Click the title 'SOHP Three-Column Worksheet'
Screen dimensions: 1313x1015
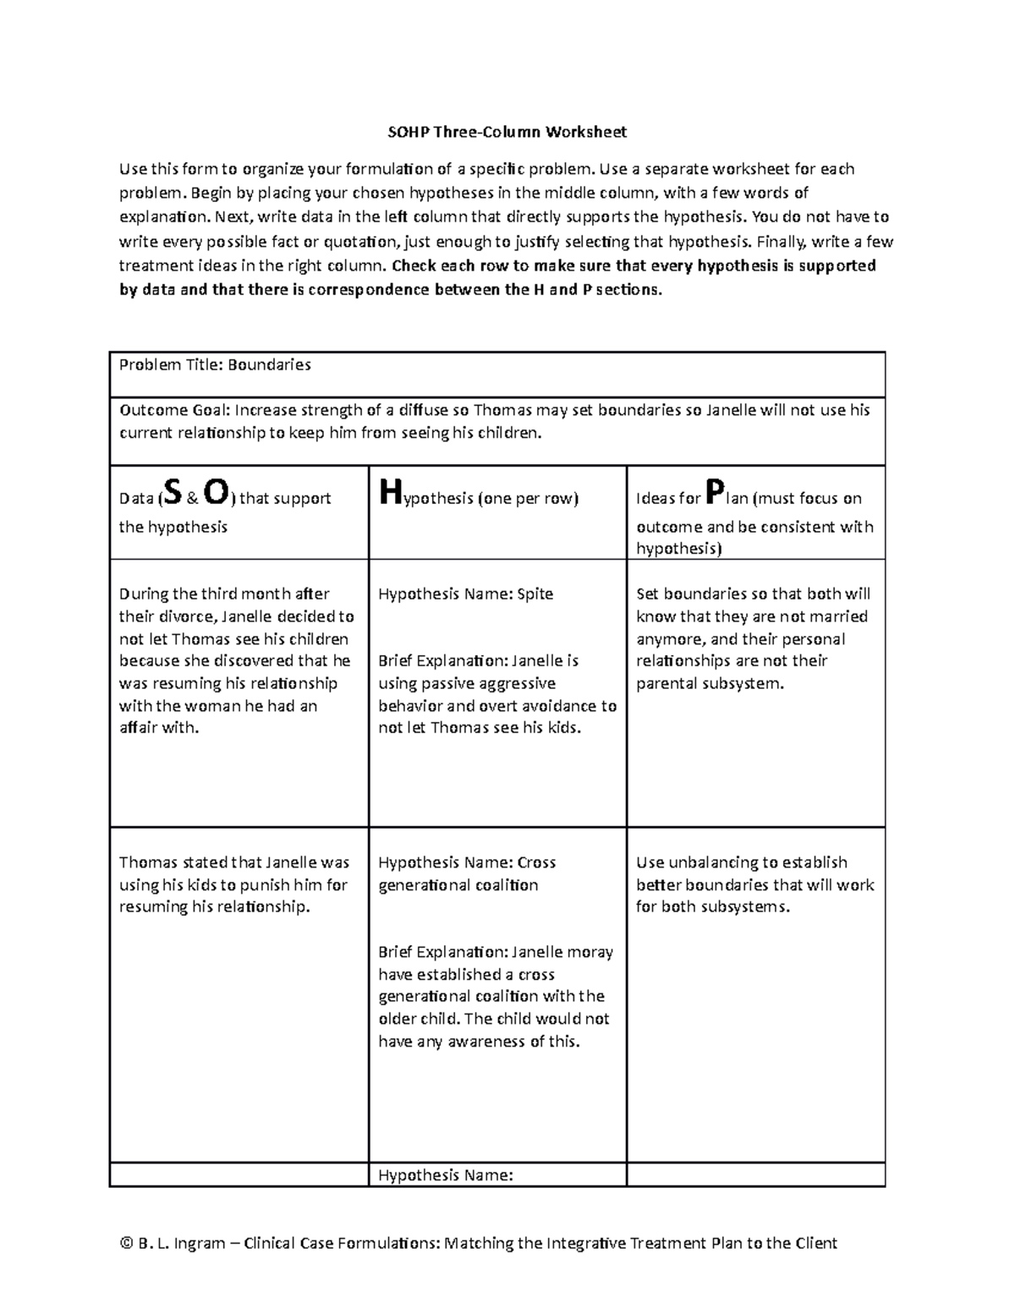[507, 132]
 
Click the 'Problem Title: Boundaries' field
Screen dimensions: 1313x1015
[215, 365]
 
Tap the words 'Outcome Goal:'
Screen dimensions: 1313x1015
[174, 411]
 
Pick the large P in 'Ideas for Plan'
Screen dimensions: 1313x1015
[714, 491]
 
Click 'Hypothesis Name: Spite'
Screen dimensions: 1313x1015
[465, 594]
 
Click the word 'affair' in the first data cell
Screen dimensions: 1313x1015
[138, 728]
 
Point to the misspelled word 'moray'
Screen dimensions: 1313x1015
[590, 953]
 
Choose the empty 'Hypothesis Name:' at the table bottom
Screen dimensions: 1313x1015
[445, 1175]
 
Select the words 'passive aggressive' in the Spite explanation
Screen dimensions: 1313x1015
[467, 684]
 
